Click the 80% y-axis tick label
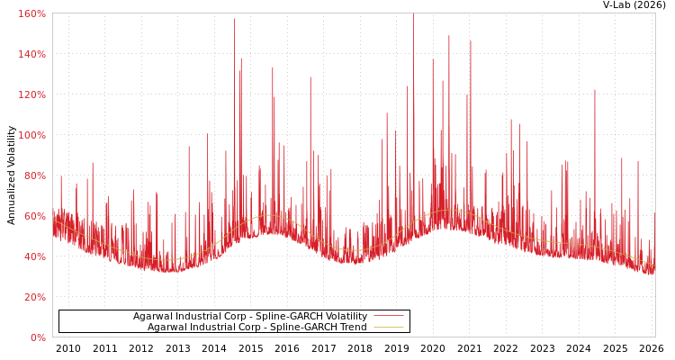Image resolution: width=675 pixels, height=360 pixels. tap(33, 175)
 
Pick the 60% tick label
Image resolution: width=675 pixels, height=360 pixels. tap(33, 216)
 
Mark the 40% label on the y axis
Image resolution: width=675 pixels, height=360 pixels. tap(33, 256)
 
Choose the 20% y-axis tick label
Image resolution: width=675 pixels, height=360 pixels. tap(33, 297)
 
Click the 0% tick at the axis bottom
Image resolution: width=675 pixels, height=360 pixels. tap(37, 337)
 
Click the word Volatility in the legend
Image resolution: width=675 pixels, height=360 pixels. tap(346, 317)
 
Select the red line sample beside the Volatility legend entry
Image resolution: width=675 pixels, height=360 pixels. tap(388, 317)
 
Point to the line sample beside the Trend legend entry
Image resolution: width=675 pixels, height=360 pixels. tap(388, 328)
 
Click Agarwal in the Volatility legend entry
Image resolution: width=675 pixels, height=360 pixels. tap(150, 317)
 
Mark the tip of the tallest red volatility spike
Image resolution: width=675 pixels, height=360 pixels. tap(235, 19)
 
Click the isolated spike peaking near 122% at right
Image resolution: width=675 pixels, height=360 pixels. tap(594, 90)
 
